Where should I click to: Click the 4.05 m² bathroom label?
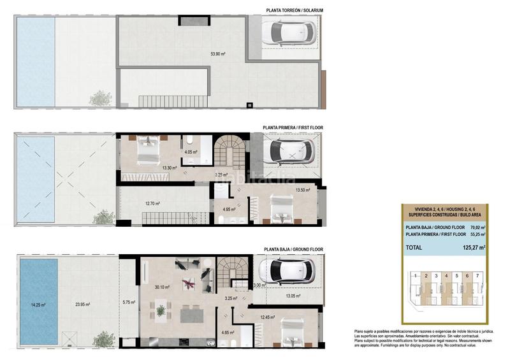[x=191, y=152]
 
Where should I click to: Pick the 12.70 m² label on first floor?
[x=152, y=204]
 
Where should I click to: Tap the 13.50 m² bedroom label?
[x=302, y=190]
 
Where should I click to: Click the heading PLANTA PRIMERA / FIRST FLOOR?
[x=293, y=127]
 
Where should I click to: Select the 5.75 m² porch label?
[x=128, y=302]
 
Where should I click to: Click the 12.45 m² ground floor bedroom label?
[x=267, y=317]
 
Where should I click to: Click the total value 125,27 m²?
[x=472, y=248]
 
